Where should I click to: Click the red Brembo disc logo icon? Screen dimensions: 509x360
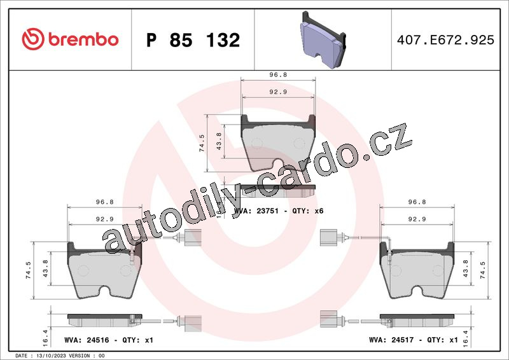pos(33,39)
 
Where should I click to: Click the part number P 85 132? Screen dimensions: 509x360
pos(193,40)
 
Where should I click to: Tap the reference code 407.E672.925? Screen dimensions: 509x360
pos(445,40)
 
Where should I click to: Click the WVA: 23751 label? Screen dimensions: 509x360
pos(256,211)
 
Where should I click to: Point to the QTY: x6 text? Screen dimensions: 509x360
pos(308,211)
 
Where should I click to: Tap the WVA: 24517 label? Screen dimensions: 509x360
pos(391,340)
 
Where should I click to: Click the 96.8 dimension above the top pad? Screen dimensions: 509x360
pos(278,74)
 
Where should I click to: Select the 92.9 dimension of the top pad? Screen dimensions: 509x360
pos(278,92)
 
